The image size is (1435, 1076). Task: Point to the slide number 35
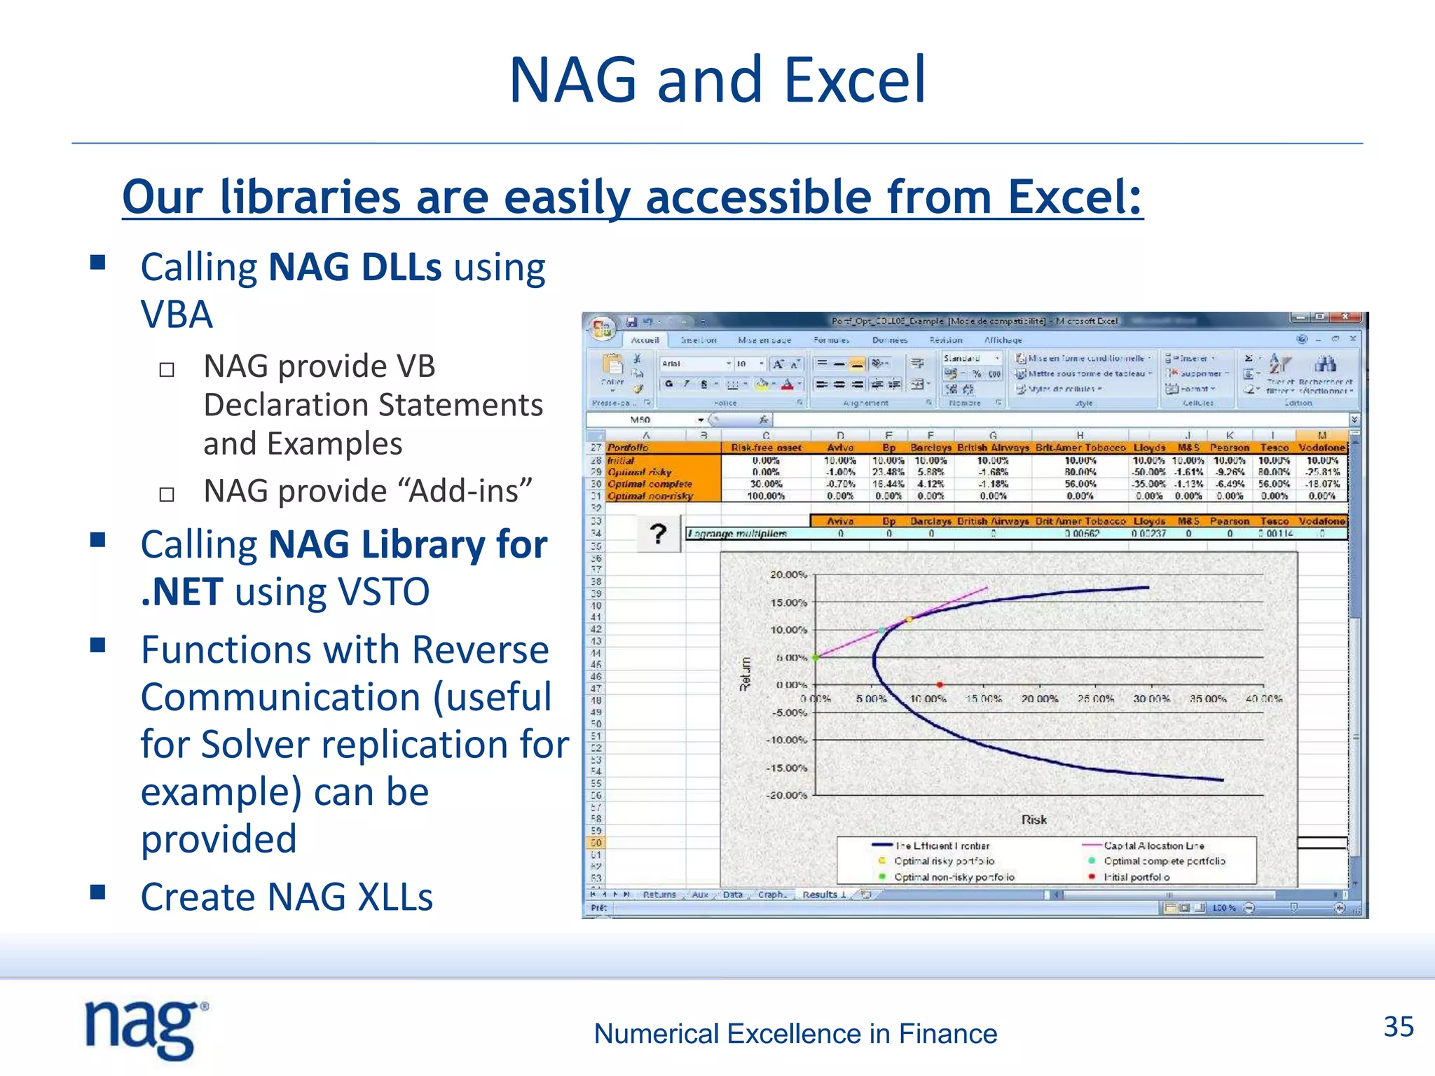pyautogui.click(x=1398, y=1027)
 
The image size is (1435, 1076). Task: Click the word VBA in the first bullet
pyautogui.click(x=177, y=315)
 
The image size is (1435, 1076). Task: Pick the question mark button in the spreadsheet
pyautogui.click(x=658, y=534)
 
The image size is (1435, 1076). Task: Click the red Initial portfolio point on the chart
pyautogui.click(x=940, y=684)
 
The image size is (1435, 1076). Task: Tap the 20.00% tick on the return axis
pyautogui.click(x=788, y=574)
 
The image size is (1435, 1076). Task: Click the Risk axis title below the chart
pyautogui.click(x=1034, y=820)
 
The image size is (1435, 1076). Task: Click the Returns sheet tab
pyautogui.click(x=659, y=895)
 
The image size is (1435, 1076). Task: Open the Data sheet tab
pyautogui.click(x=732, y=895)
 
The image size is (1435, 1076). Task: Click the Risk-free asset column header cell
pyautogui.click(x=766, y=448)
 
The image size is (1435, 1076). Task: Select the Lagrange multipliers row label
pyautogui.click(x=737, y=534)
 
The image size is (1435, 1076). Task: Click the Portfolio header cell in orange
pyautogui.click(x=628, y=448)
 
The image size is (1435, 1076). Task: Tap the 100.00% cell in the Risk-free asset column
pyautogui.click(x=766, y=496)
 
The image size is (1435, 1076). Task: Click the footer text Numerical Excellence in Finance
pyautogui.click(x=795, y=1034)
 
